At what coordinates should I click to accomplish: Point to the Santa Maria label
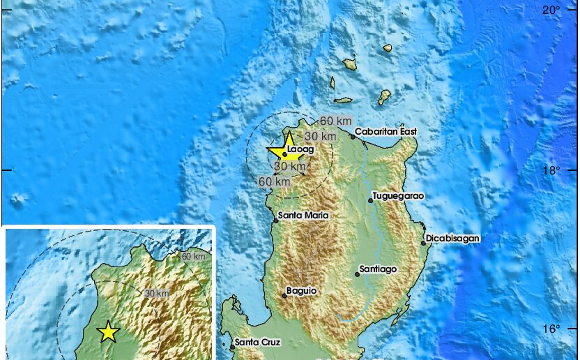(303, 216)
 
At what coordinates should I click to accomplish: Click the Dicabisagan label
(452, 238)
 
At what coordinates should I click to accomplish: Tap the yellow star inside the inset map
(108, 332)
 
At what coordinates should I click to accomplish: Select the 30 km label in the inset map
(157, 294)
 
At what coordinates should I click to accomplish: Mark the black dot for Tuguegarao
(370, 200)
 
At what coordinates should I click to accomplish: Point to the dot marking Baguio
(284, 296)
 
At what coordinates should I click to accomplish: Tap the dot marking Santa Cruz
(232, 346)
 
